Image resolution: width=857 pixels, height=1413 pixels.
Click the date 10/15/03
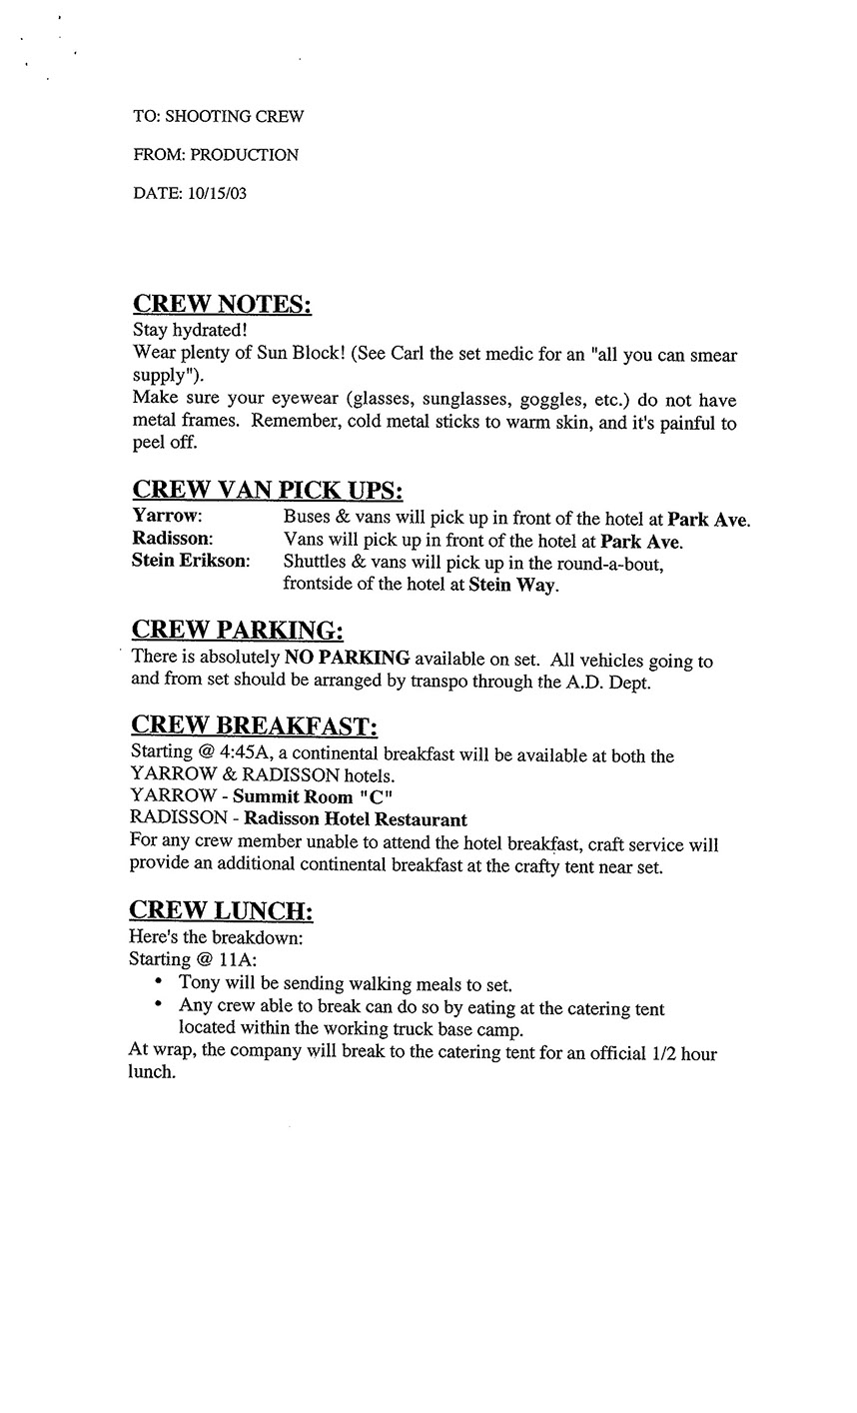[216, 193]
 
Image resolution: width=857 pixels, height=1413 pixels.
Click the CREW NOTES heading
[222, 304]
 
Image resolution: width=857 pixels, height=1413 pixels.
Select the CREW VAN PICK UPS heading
[268, 491]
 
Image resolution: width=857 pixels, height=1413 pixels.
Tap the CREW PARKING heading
[238, 630]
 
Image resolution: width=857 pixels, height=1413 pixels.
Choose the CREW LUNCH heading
[222, 910]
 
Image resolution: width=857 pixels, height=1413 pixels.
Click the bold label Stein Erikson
[191, 562]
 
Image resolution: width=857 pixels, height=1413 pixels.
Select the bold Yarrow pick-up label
[167, 518]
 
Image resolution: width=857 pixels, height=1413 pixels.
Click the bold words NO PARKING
[347, 658]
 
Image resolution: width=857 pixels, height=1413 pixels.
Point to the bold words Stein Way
[512, 585]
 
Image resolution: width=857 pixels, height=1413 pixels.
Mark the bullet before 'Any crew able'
[159, 1005]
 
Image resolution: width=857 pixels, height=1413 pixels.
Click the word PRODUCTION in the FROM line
[244, 155]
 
